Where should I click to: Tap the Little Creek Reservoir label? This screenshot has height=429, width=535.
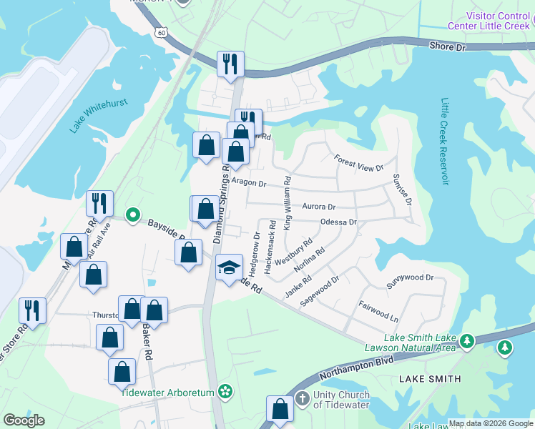point(444,141)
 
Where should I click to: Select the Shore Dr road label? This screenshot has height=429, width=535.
point(448,46)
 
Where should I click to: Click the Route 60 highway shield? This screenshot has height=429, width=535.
point(162,32)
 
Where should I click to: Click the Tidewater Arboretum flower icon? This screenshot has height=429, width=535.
point(226,390)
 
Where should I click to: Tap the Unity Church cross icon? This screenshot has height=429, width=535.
point(303,398)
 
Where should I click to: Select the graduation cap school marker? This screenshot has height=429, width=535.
point(230,268)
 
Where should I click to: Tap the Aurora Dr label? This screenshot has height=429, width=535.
point(319,206)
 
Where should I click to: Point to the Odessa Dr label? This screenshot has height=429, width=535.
point(338,222)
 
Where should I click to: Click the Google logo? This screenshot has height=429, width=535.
point(24,420)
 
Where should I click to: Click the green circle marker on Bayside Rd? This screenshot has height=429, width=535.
point(132,214)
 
